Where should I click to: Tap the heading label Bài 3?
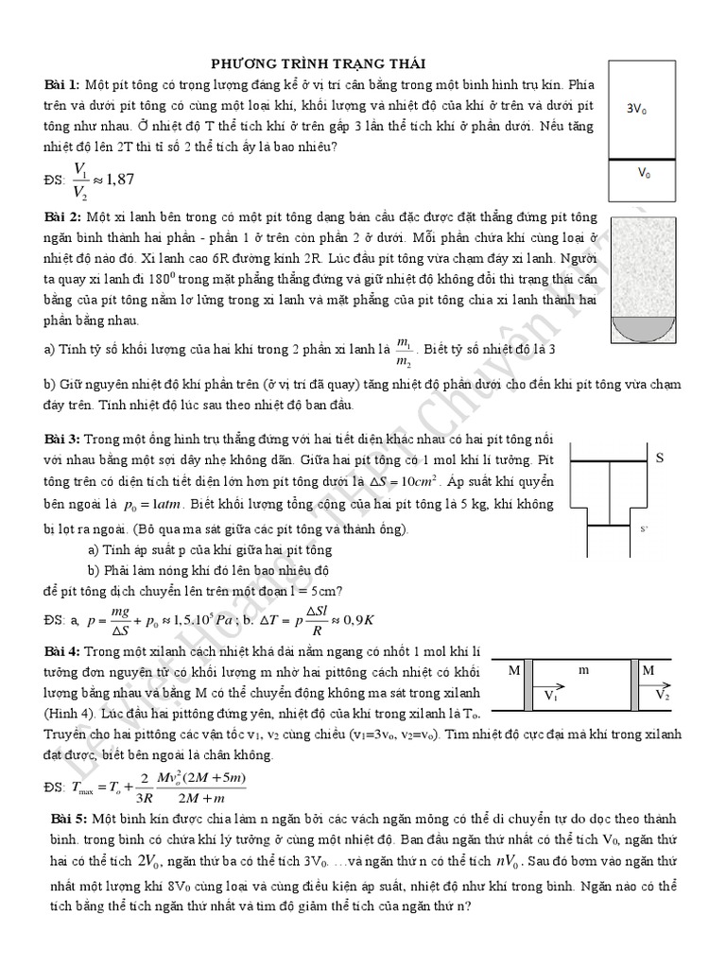click(x=63, y=441)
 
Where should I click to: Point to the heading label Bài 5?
click(x=73, y=817)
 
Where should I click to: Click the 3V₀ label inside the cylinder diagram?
click(x=637, y=110)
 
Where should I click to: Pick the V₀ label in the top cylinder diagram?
click(x=643, y=173)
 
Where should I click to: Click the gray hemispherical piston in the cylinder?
click(x=641, y=329)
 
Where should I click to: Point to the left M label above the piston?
click(x=514, y=670)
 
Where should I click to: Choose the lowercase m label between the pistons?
click(x=584, y=669)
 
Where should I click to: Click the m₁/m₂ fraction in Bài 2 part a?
click(x=404, y=351)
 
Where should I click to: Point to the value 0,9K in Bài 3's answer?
click(x=357, y=620)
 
